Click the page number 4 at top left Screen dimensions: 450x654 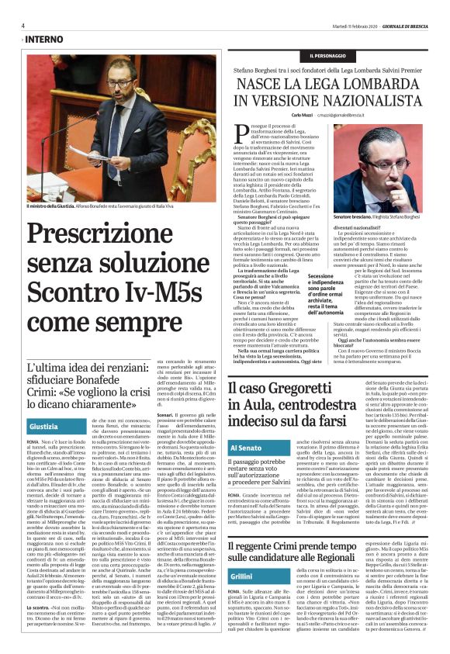(23, 24)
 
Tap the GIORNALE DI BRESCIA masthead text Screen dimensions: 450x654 (406, 24)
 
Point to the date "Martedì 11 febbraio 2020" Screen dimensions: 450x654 (334, 24)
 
